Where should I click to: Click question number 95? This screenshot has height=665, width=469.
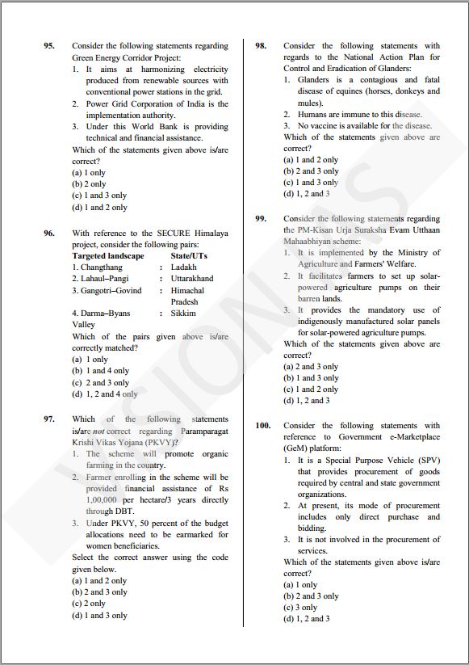coord(49,47)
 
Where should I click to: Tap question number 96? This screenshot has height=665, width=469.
coord(49,234)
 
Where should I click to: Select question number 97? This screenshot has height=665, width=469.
coord(49,419)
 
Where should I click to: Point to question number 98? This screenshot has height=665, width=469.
coord(261,47)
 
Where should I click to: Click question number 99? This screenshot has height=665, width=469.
coord(261,219)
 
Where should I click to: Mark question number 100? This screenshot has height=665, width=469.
coord(263,426)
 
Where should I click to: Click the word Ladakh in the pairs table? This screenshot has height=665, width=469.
coord(183,267)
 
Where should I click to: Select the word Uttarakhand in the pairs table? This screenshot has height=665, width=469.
coord(192,279)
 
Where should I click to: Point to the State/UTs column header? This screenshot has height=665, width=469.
coord(189,256)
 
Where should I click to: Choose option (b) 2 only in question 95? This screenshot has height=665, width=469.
coord(89,184)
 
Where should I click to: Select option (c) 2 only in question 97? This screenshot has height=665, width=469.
coord(89,604)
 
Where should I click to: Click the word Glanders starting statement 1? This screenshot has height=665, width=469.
coord(313,80)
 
